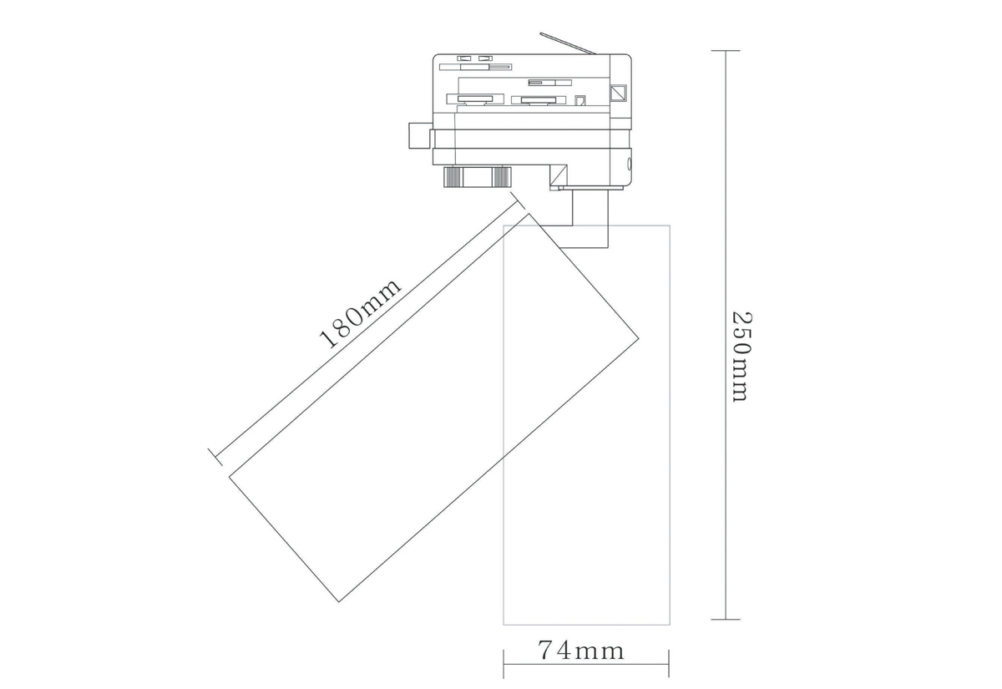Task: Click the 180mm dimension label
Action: coord(361,312)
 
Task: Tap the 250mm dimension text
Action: coord(741,357)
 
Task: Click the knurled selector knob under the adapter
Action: coord(477,176)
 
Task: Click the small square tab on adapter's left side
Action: coord(419,136)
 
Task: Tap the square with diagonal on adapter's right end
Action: coord(620,93)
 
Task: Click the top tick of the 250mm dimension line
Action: coord(726,51)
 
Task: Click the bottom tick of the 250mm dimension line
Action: coord(726,620)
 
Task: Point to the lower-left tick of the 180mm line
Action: coord(215,456)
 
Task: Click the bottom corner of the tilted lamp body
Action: coord(339,601)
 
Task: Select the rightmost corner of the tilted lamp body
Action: coord(639,338)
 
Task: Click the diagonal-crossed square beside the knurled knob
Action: coord(558,175)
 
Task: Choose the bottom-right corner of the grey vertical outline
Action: coord(670,625)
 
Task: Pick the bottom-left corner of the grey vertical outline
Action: coord(504,625)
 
